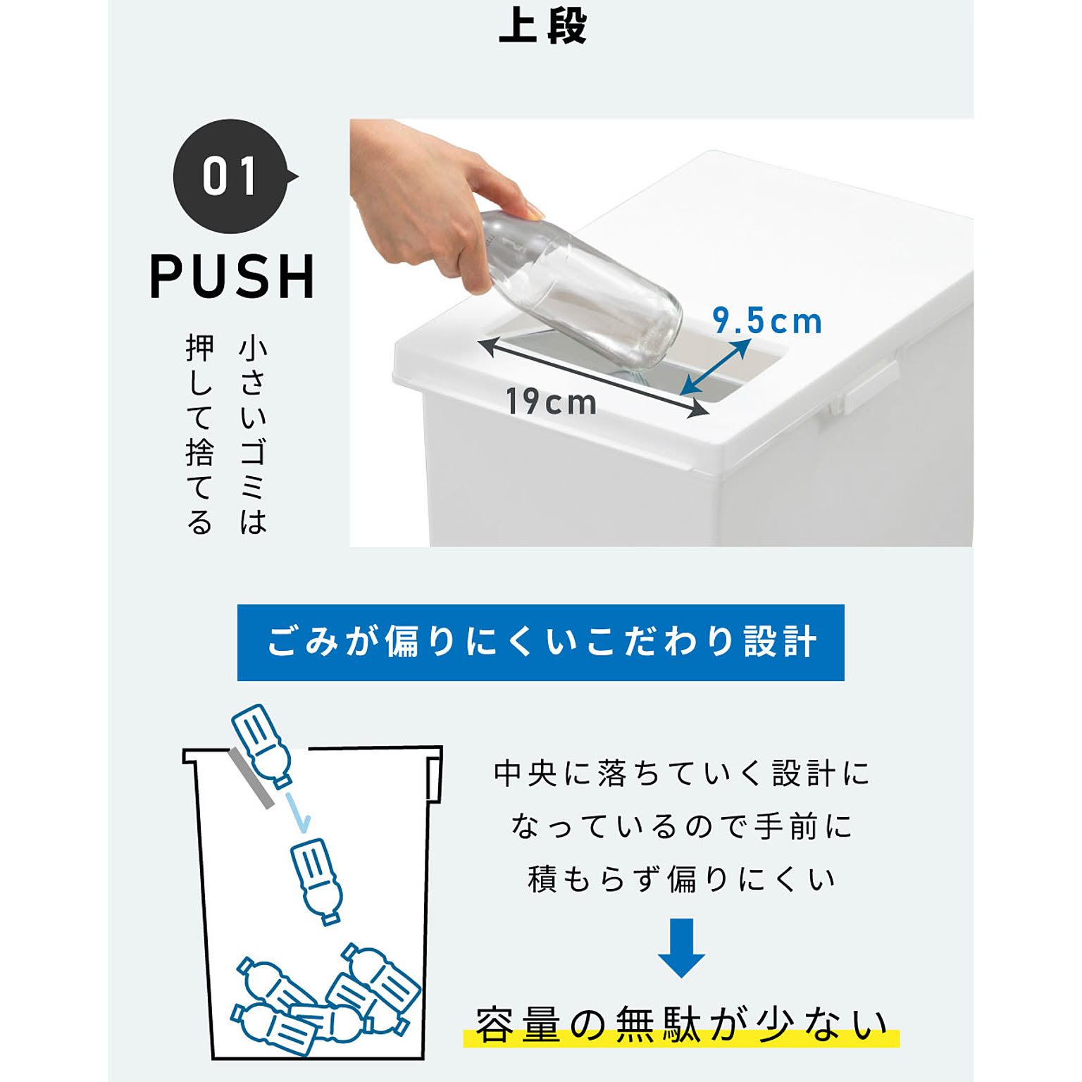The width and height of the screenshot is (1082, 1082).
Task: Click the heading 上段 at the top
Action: click(x=542, y=27)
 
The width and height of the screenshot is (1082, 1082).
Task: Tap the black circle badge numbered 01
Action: click(x=231, y=176)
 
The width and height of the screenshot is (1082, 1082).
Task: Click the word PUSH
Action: click(x=232, y=277)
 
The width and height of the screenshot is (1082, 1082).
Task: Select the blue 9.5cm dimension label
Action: click(x=766, y=321)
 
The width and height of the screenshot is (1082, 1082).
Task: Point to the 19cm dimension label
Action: click(x=552, y=402)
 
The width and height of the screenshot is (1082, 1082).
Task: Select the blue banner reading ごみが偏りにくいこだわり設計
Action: click(x=540, y=642)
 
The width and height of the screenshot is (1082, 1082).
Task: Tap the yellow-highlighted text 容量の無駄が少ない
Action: click(x=680, y=1026)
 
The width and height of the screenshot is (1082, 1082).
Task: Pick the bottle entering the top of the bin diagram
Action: click(x=261, y=744)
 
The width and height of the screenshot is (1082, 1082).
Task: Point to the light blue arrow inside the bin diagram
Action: click(x=297, y=811)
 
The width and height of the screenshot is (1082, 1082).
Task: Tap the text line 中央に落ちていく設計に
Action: click(x=680, y=773)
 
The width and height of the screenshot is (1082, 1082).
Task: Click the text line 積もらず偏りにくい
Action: click(x=680, y=879)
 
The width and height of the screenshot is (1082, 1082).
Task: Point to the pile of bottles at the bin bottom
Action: click(x=324, y=1000)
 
